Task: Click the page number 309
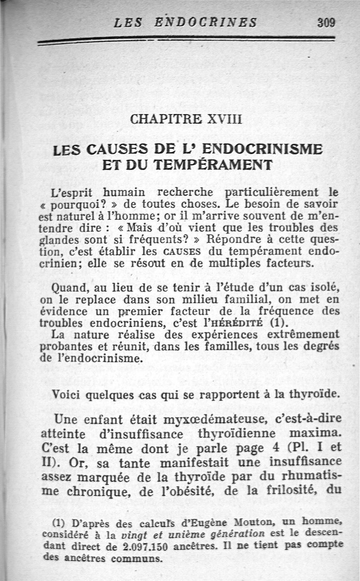point(327,23)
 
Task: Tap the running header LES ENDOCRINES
point(185,23)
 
